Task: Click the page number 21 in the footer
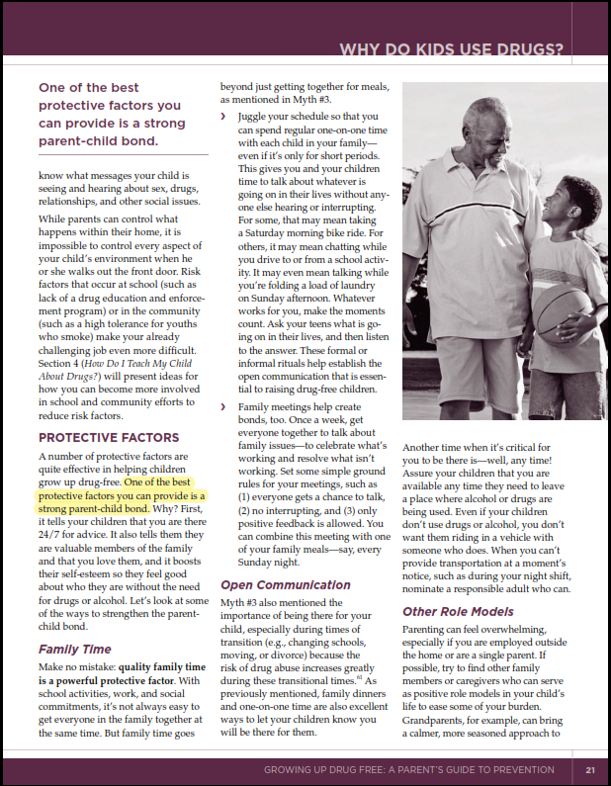click(589, 770)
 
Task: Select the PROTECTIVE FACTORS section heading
click(109, 437)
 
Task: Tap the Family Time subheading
click(74, 650)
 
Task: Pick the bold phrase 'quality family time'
click(159, 668)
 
